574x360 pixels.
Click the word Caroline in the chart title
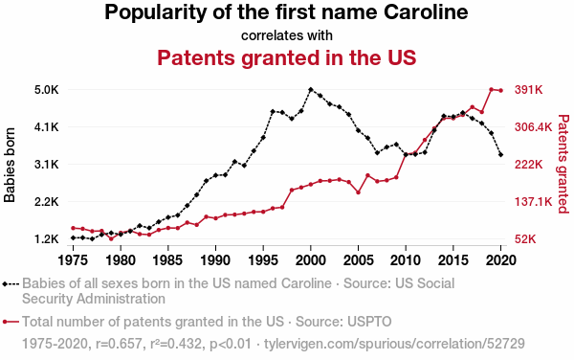[426, 12]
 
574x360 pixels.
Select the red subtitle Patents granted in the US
[287, 57]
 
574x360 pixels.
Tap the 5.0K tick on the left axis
[47, 90]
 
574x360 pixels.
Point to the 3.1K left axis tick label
[47, 165]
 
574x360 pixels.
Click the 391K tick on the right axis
[529, 90]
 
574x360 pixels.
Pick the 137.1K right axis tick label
[534, 202]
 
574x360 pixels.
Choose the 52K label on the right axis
[525, 239]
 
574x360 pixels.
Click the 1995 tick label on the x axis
[263, 260]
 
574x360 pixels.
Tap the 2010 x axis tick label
[406, 260]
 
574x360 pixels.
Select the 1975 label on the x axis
[73, 260]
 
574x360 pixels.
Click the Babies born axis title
[10, 165]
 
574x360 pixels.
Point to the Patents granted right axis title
[563, 164]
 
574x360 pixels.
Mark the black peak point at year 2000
[311, 90]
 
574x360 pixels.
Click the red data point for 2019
[492, 89]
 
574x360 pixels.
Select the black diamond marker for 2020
[500, 155]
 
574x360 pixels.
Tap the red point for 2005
[359, 192]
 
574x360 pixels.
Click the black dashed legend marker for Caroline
[11, 283]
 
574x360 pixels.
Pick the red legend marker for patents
[11, 322]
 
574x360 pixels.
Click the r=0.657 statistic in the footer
[119, 344]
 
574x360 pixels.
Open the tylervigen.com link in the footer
[394, 344]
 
